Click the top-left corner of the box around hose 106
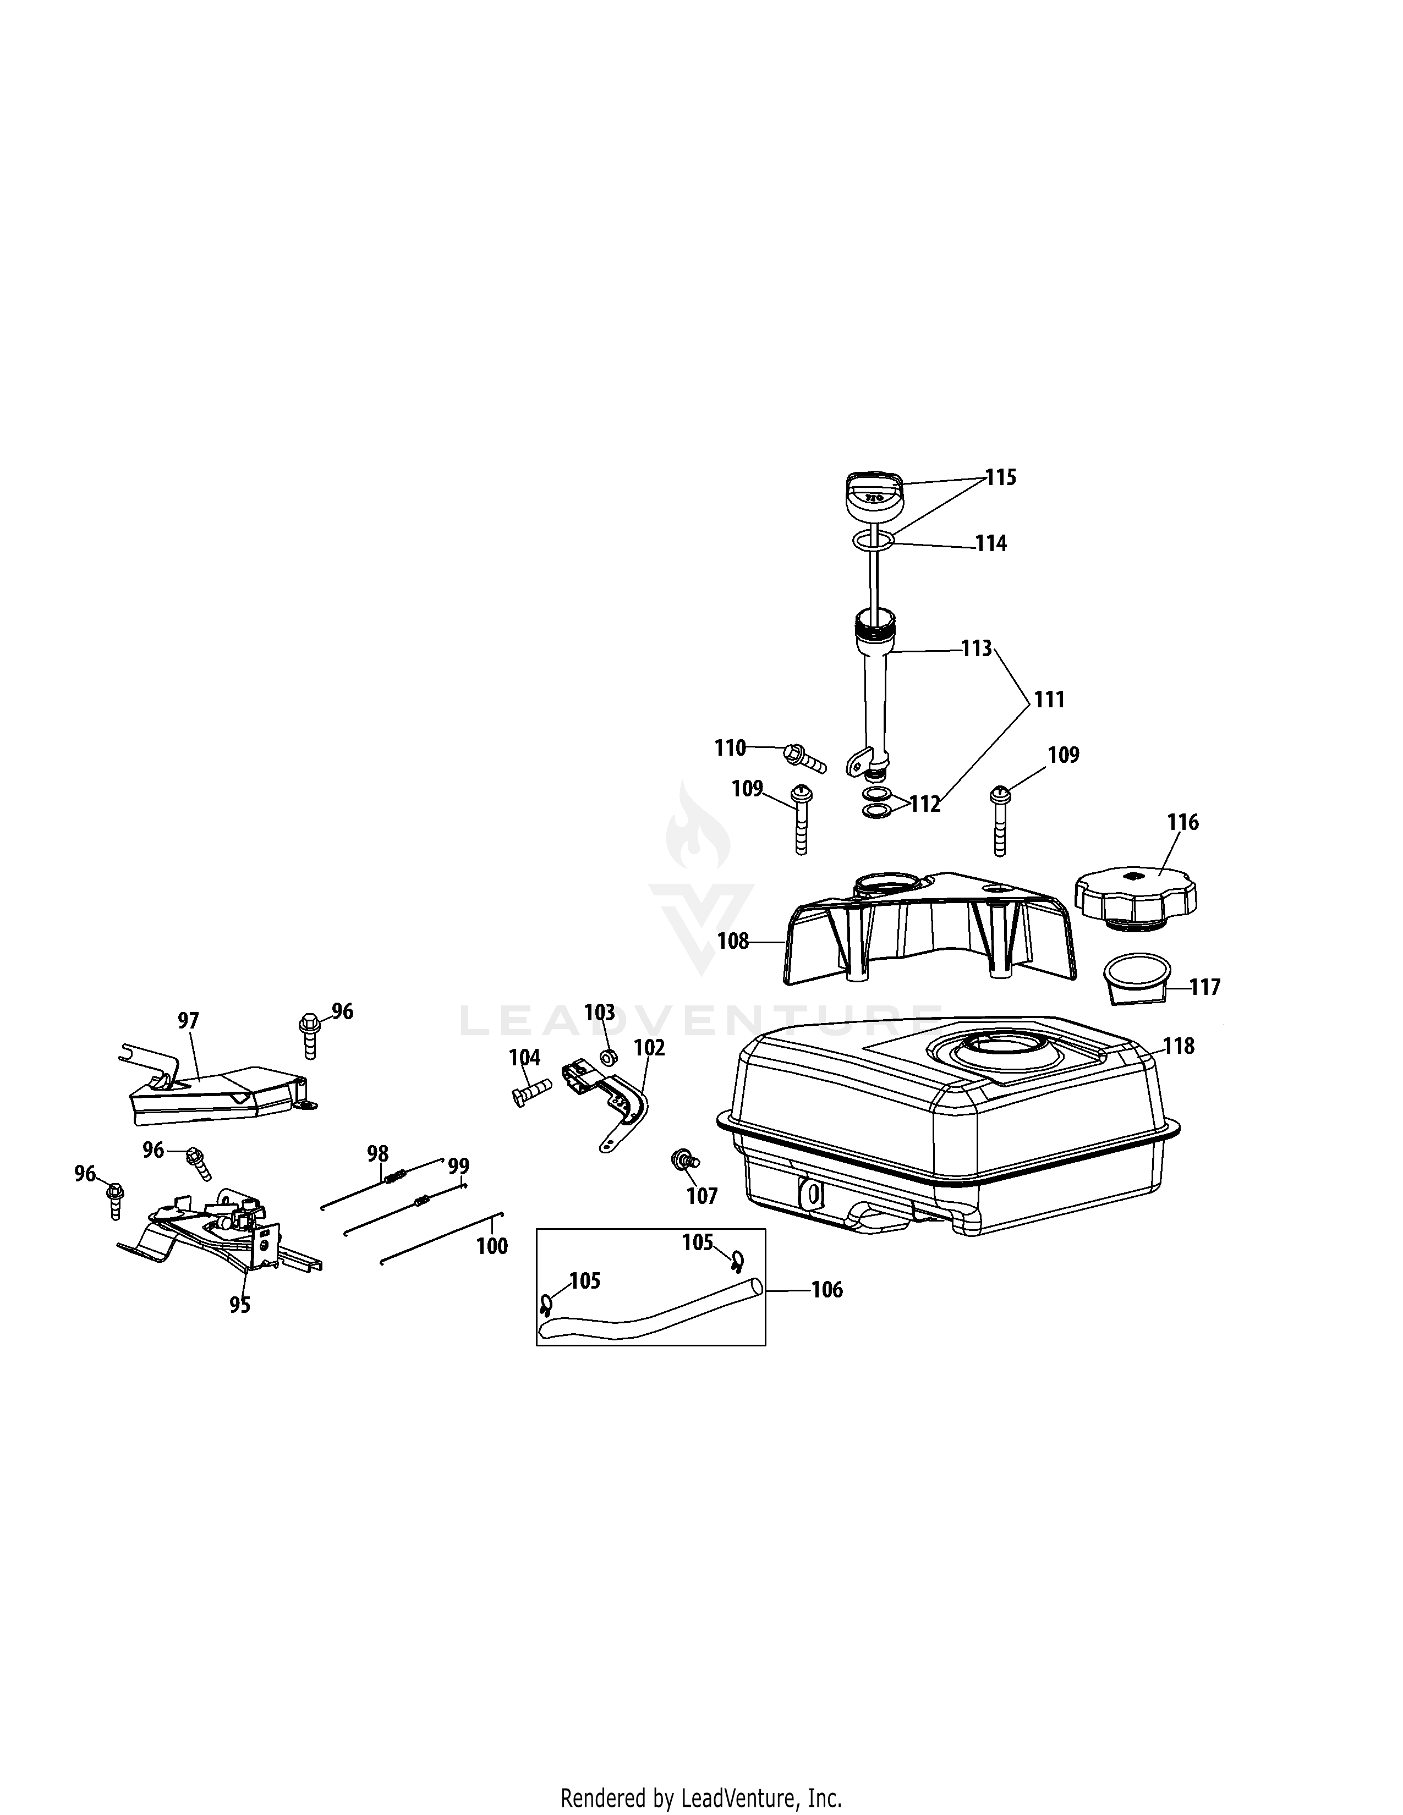(x=537, y=1229)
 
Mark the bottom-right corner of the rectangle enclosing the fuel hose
(x=765, y=1345)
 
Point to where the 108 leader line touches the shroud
(x=785, y=942)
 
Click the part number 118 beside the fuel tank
(x=1179, y=1046)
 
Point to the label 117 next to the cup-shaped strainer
(x=1205, y=987)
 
